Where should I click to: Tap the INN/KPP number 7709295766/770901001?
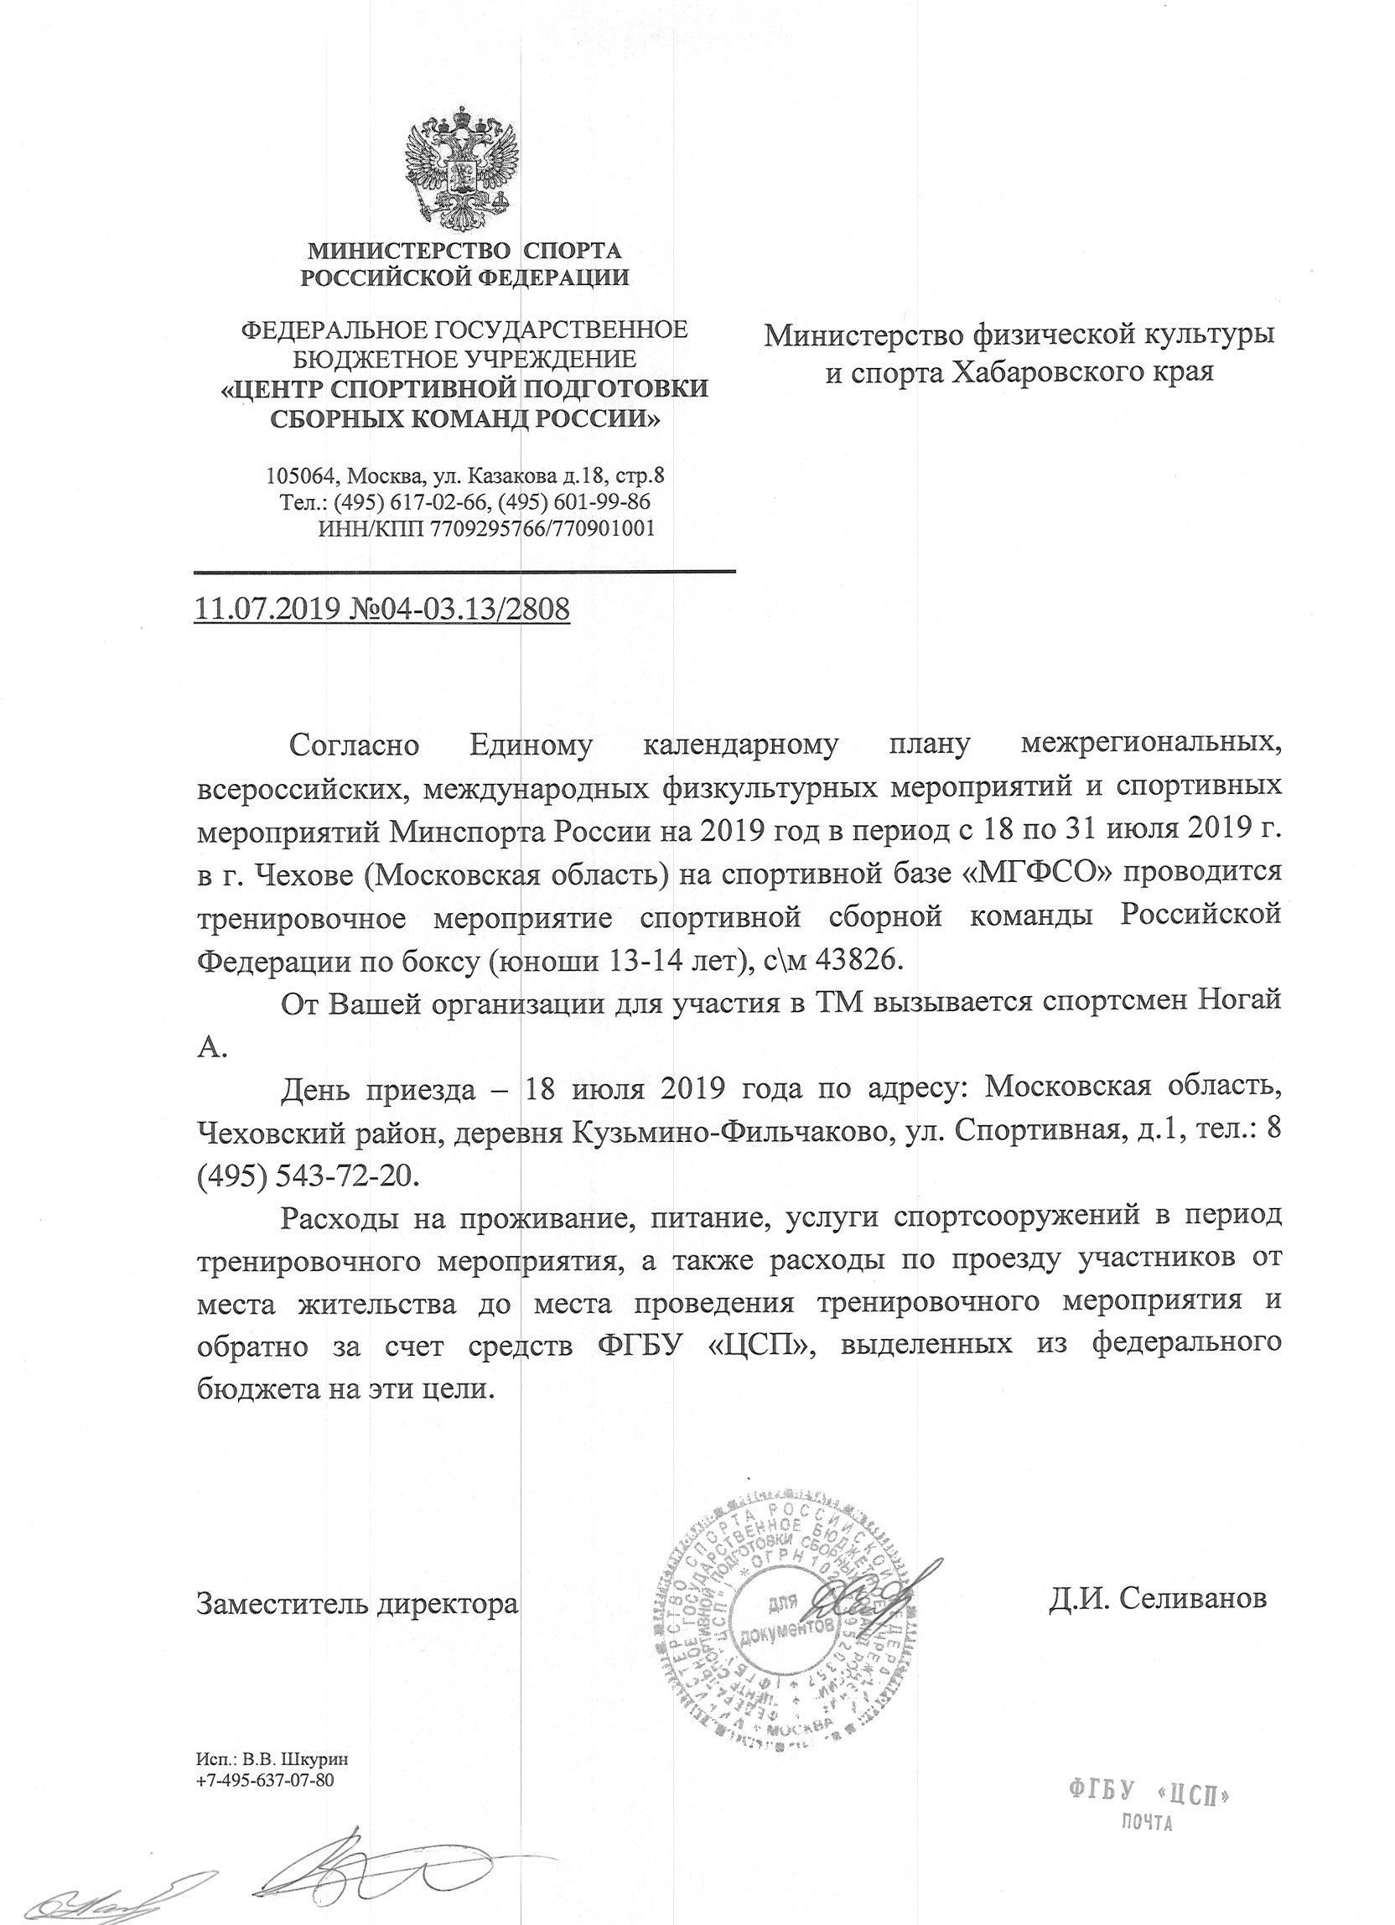542,529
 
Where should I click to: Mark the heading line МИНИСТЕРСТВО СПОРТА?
464,251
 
